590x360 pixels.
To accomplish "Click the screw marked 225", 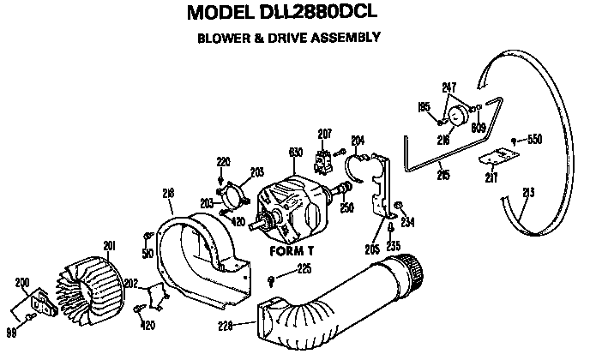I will (272, 279).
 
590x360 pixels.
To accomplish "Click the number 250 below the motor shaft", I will (346, 207).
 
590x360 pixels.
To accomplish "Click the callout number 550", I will (534, 139).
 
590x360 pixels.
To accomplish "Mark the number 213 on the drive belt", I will (528, 193).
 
